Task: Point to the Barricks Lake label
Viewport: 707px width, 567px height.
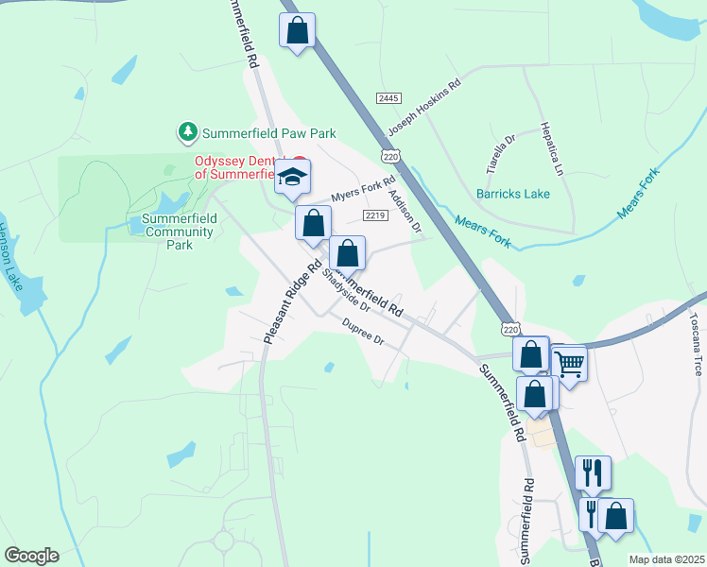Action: pos(512,194)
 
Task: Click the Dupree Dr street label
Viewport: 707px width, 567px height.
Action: pos(363,332)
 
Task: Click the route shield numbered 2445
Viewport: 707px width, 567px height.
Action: pos(388,98)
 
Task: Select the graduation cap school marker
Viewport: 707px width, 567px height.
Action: pos(293,175)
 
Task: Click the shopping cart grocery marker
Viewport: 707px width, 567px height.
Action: pos(569,362)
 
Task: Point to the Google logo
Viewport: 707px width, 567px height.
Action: pos(31,556)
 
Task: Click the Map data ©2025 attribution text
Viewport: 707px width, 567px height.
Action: pos(665,559)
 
